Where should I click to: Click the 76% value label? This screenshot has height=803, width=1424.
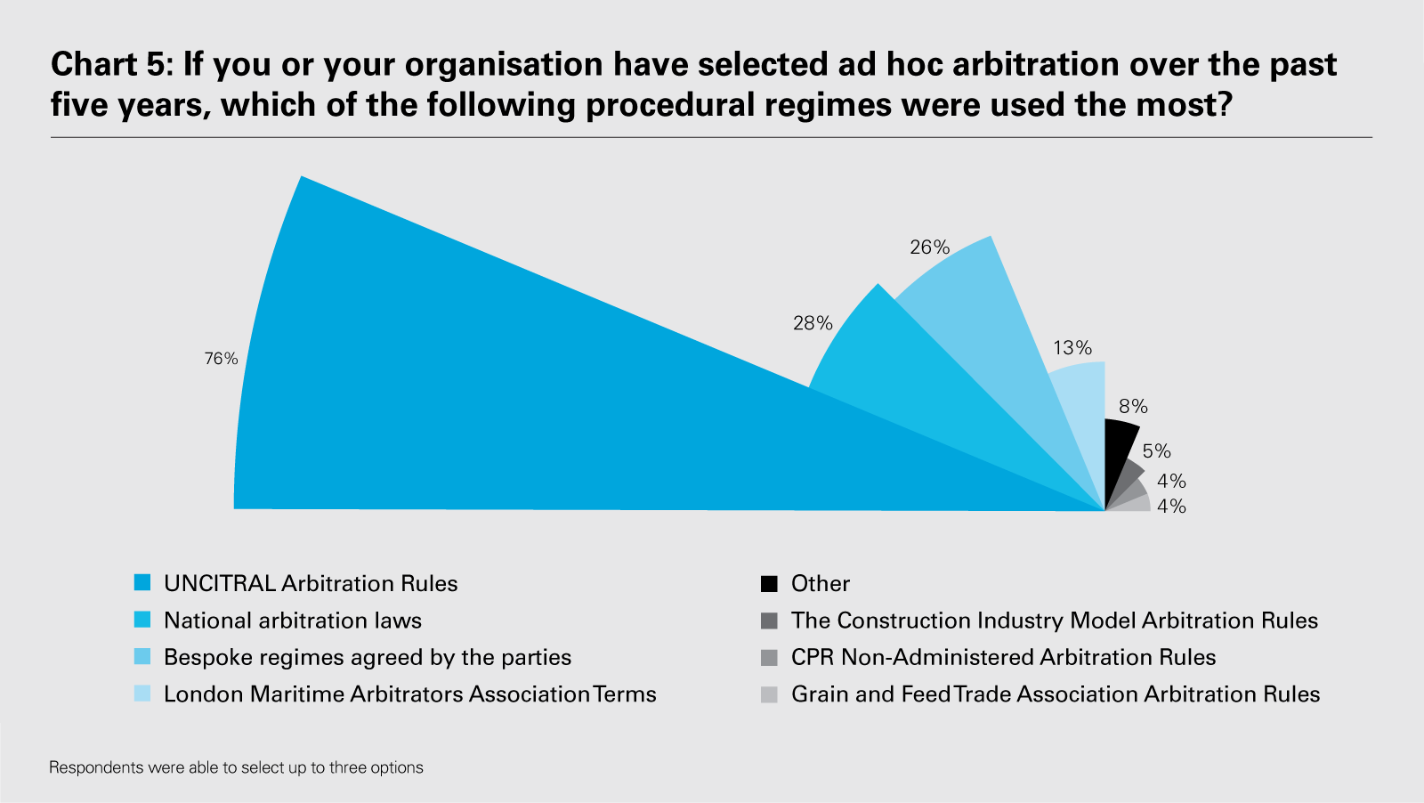pyautogui.click(x=221, y=359)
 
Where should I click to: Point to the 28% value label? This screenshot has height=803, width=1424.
pyautogui.click(x=813, y=323)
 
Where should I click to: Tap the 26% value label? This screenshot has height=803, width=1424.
pyautogui.click(x=929, y=247)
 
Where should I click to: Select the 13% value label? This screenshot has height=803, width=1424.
pyautogui.click(x=1072, y=348)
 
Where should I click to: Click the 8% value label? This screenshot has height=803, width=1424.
pyautogui.click(x=1133, y=407)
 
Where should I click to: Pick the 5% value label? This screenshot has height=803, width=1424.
pyautogui.click(x=1156, y=451)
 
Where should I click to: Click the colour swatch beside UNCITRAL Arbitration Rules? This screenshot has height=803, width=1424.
pyautogui.click(x=142, y=583)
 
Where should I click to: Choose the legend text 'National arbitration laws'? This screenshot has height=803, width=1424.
pyautogui.click(x=293, y=620)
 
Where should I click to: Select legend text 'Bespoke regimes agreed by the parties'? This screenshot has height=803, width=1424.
pyautogui.click(x=368, y=658)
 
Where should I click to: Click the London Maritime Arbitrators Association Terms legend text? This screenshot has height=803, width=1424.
pyautogui.click(x=410, y=694)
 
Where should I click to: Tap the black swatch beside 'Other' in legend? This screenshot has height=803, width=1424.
pyautogui.click(x=769, y=583)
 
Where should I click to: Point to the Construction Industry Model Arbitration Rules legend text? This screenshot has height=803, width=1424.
pyautogui.click(x=1055, y=620)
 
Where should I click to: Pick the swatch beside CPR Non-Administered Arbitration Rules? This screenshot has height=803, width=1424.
pyautogui.click(x=769, y=658)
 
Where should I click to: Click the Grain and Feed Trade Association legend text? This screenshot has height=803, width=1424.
pyautogui.click(x=1056, y=694)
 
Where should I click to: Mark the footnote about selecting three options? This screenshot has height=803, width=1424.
pyautogui.click(x=236, y=767)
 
